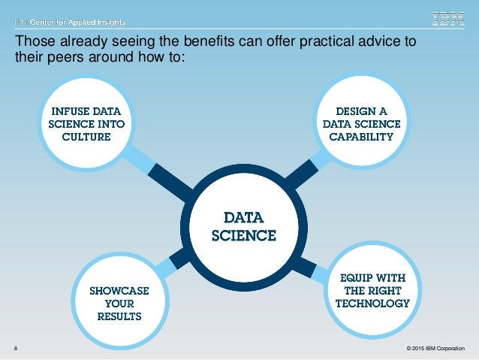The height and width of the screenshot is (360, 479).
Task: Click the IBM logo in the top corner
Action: coord(449,19)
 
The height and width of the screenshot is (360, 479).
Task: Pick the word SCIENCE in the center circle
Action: coord(243,235)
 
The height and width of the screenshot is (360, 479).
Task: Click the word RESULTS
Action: coord(120,316)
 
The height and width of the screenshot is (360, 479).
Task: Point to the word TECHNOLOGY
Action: coord(372,304)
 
